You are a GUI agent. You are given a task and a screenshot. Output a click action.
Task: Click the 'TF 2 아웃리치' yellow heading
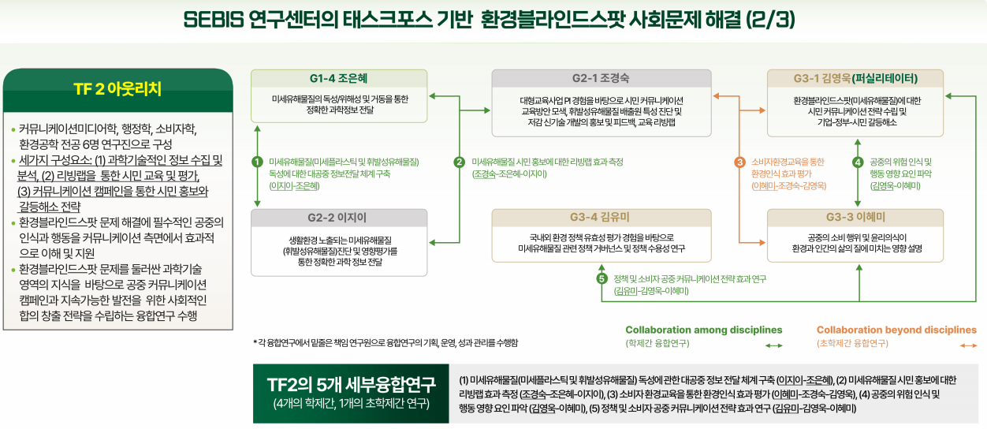point(117,89)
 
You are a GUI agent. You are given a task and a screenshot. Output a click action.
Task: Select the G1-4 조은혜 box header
point(338,79)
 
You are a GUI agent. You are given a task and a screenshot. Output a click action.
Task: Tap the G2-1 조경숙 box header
point(601,79)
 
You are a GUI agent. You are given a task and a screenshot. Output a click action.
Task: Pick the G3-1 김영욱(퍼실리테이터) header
point(855,79)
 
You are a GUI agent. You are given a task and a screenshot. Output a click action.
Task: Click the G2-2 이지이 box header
point(338,218)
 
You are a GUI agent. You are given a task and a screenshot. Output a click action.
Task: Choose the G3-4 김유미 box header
point(601,218)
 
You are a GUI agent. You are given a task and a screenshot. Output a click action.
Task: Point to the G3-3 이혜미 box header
point(855,218)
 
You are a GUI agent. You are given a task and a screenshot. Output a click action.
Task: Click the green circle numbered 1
point(257,162)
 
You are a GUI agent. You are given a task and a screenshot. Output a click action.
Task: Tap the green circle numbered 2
point(459,162)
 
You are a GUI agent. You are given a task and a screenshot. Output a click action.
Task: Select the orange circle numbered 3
point(739,162)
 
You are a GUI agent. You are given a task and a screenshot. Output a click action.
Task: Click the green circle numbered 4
point(858,162)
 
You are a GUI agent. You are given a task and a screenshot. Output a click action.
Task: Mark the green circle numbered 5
point(602,279)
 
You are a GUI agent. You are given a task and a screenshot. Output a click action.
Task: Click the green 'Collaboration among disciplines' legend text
point(704,330)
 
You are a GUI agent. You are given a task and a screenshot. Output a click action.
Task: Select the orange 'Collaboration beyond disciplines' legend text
point(896,330)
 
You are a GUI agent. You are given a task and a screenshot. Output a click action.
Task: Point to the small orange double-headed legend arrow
point(969,345)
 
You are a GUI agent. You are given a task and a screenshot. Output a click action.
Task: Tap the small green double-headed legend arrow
point(774,345)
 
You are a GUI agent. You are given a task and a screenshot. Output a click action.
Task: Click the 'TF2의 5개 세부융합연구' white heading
point(351,385)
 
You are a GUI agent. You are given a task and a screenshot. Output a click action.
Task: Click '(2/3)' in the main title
point(771,20)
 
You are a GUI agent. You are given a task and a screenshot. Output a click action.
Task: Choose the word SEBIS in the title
point(214,20)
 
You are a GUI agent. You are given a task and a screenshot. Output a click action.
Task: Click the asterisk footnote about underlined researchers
point(385,342)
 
